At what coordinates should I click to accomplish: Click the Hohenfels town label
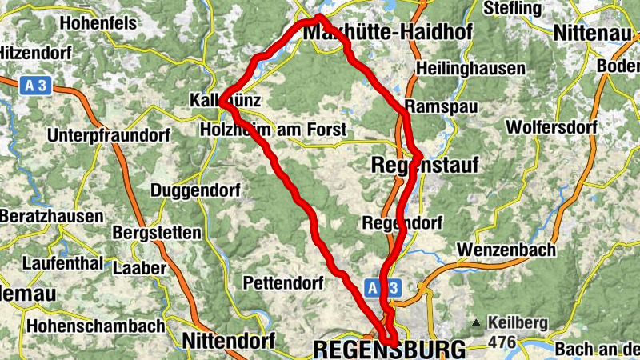click(x=98, y=23)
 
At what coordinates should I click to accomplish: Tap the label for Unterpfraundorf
click(x=108, y=135)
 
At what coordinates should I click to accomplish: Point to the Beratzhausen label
click(x=51, y=217)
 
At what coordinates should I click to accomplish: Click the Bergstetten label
click(x=157, y=233)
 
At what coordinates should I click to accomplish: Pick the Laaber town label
click(x=139, y=268)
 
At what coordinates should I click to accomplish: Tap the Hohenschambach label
click(x=95, y=326)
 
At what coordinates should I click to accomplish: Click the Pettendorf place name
click(x=282, y=283)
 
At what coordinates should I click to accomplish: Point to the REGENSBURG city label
click(x=389, y=350)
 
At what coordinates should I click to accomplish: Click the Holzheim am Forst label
click(x=273, y=130)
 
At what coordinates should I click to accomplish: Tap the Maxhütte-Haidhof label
click(x=388, y=32)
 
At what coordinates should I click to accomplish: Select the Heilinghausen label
click(x=471, y=69)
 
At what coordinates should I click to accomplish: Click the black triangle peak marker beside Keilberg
click(x=477, y=323)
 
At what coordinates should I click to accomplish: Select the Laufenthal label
click(x=62, y=262)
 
